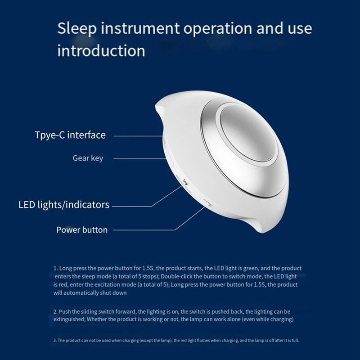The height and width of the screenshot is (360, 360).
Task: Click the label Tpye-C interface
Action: tap(70, 135)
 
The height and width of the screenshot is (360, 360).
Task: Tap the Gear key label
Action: tap(88, 158)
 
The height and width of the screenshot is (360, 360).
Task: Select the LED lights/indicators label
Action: tap(64, 205)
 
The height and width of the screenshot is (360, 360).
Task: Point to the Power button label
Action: tap(82, 230)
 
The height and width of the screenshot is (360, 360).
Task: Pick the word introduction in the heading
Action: tap(101, 50)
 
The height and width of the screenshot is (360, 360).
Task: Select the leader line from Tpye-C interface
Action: tap(139, 135)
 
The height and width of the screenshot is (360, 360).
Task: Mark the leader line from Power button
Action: tap(153, 230)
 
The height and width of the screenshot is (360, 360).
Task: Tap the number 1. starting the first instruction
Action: tap(56, 268)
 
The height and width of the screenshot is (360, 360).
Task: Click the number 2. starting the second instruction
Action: tap(56, 311)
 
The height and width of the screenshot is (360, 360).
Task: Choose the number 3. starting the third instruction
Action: tap(55, 340)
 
